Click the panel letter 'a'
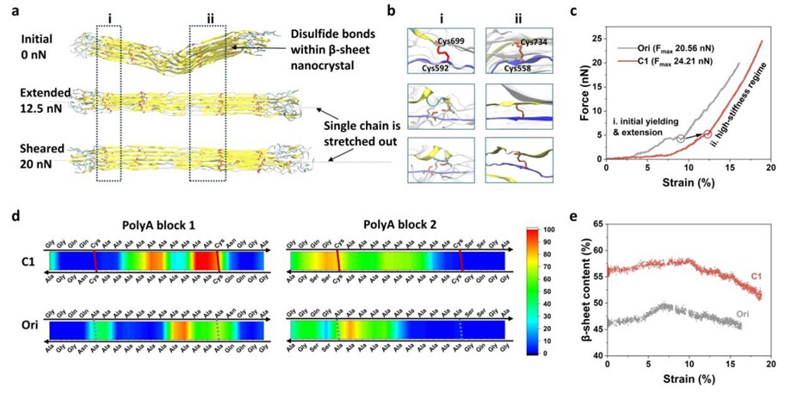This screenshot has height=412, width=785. point(11,11)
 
